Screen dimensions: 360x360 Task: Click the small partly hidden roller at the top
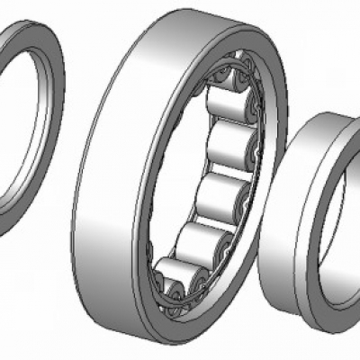tap(220, 78)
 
